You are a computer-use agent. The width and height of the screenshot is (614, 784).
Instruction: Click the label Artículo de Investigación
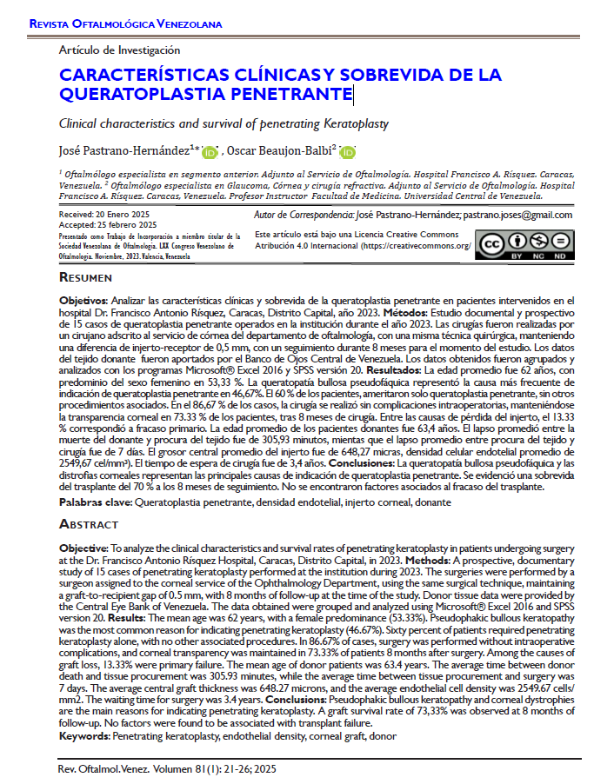(119, 50)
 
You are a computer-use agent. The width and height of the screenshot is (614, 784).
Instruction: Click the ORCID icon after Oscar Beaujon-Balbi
(348, 152)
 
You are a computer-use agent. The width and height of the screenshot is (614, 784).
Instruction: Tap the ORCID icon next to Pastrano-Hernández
(210, 152)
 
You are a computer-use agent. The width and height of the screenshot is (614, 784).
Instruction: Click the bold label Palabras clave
(96, 503)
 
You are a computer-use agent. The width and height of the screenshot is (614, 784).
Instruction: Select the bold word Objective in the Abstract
(83, 549)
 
